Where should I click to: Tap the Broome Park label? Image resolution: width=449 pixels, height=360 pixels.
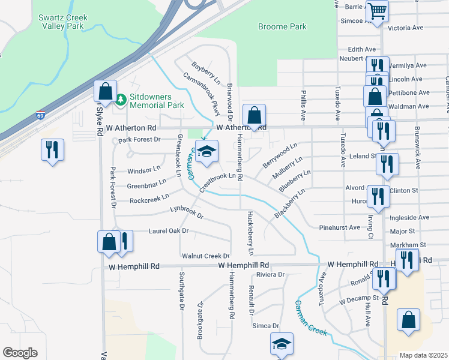pos(282,27)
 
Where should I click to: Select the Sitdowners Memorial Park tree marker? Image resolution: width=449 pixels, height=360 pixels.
pos(121,99)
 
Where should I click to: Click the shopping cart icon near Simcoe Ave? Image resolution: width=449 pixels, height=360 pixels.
pos(377,11)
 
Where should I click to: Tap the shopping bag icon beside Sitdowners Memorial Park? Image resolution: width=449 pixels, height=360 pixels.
pos(106,92)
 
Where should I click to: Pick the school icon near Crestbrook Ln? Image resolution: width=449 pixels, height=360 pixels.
pos(207,152)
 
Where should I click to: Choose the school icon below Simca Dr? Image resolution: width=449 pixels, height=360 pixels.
pos(282,344)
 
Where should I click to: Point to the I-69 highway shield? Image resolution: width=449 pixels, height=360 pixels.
pos(40,115)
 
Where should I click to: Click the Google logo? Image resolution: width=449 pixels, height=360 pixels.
pos(20,353)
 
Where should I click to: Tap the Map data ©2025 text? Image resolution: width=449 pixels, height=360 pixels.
pos(423,355)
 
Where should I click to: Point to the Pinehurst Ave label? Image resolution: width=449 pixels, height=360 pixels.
pos(339,228)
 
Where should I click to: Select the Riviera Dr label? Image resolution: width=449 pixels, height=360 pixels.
pos(270,274)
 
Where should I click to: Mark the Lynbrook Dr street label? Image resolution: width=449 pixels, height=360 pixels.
pos(187,211)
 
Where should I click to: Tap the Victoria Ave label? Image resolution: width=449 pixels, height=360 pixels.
pos(408,28)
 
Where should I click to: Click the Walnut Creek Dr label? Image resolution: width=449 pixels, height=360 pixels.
pos(206,256)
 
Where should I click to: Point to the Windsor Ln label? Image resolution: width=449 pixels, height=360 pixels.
pos(143,170)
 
